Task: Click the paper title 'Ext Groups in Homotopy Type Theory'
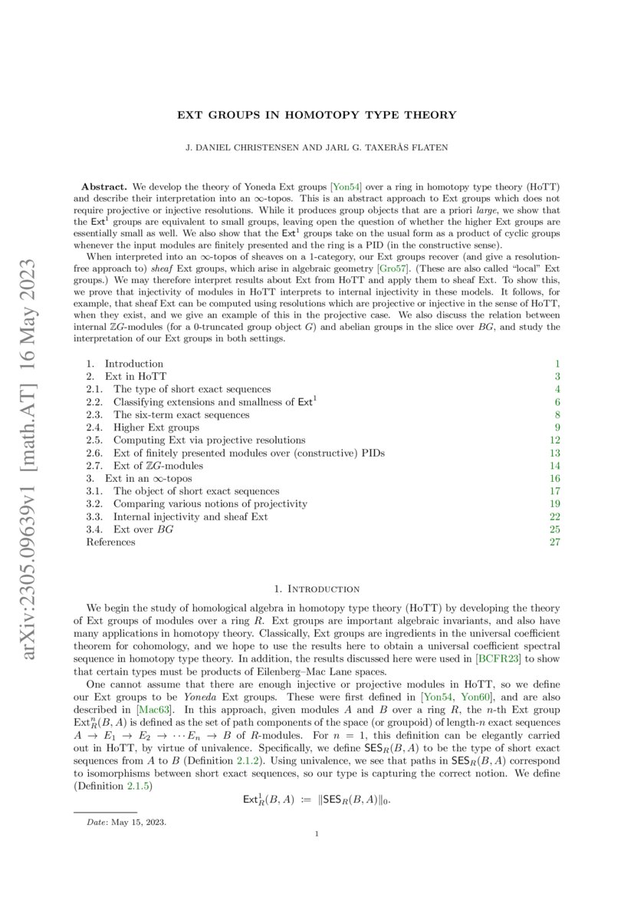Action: tap(317, 115)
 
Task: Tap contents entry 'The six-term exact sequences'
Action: tap(181, 414)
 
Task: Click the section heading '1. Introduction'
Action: tap(317, 589)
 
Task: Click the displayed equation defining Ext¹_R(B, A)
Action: tap(317, 800)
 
